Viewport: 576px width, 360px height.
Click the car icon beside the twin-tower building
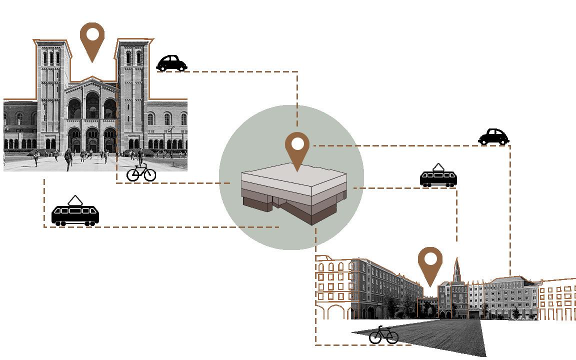(x=171, y=63)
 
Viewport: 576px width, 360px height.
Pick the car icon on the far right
(x=493, y=136)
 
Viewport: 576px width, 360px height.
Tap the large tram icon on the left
(x=75, y=215)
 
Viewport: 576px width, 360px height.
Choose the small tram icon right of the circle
(x=438, y=178)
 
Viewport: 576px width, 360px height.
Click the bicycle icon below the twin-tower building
(x=141, y=172)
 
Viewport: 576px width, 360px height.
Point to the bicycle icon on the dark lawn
(x=383, y=335)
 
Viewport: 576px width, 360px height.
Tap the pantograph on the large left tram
(x=75, y=200)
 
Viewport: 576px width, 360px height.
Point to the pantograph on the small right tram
(x=438, y=166)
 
